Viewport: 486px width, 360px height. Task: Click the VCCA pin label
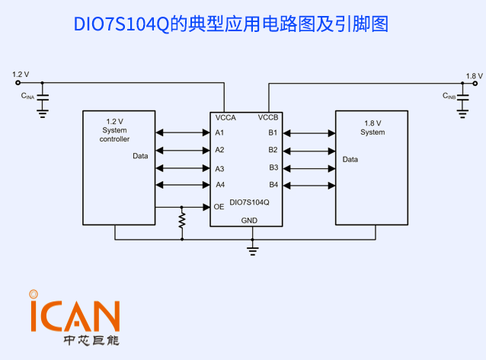pos(225,118)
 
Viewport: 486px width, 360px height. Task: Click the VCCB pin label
pos(268,118)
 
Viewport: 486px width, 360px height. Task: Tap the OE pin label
pos(219,206)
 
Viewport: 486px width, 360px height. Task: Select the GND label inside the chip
pos(249,220)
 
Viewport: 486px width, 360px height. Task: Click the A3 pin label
pos(219,168)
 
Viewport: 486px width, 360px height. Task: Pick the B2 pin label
pos(273,150)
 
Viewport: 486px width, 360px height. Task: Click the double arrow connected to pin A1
pos(183,133)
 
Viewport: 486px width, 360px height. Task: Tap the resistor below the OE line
pos(182,220)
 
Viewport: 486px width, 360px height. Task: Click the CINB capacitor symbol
pos(462,97)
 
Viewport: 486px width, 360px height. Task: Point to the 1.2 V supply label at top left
pos(21,75)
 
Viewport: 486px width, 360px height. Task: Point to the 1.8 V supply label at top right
pos(474,76)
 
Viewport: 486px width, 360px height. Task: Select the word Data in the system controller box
pos(140,156)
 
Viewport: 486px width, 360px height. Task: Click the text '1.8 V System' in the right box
pos(372,128)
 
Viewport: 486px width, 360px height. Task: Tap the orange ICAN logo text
pos(74,315)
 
